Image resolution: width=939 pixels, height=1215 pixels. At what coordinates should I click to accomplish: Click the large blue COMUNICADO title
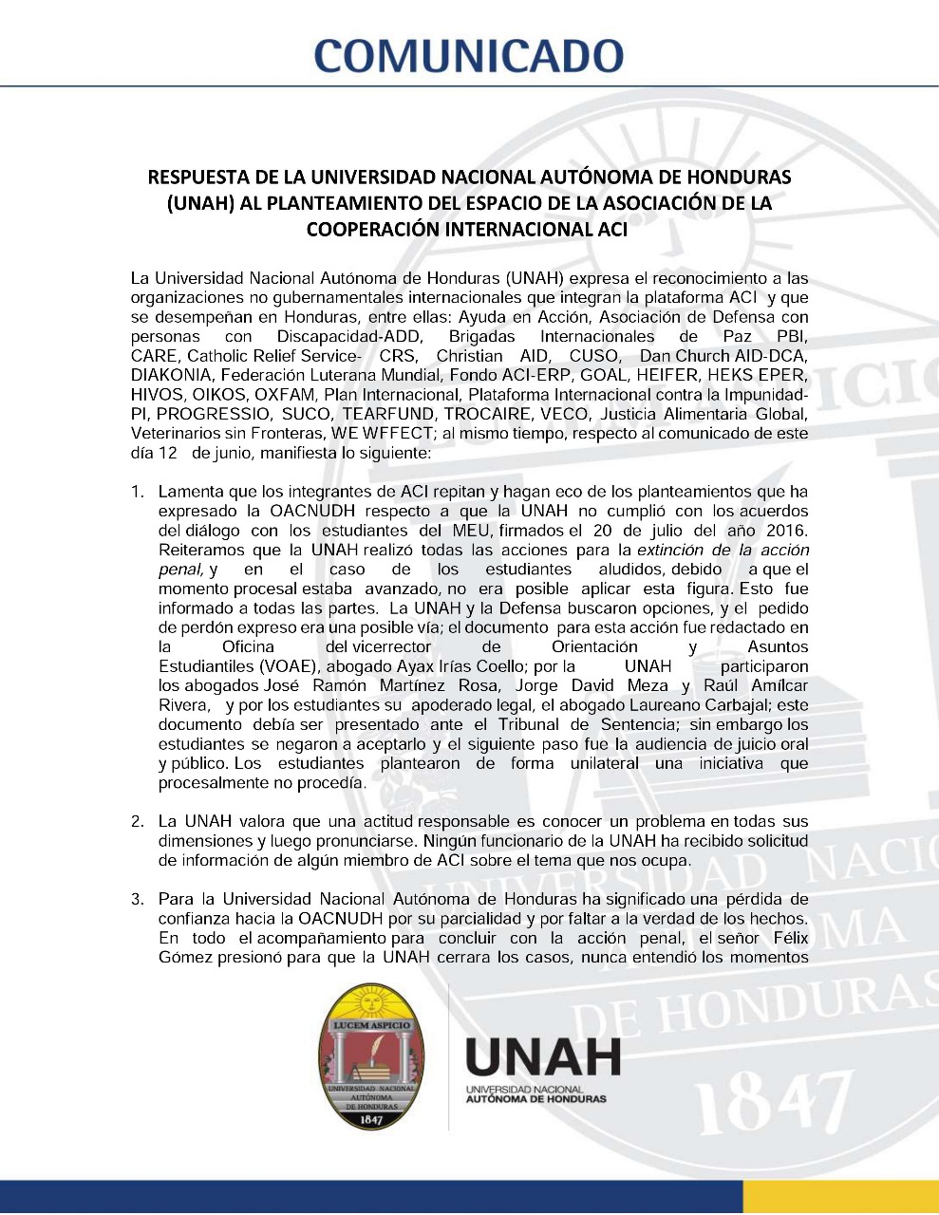click(468, 56)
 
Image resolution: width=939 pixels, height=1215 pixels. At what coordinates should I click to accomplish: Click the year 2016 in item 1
click(782, 531)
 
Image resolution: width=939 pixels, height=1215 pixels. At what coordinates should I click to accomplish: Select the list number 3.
click(137, 899)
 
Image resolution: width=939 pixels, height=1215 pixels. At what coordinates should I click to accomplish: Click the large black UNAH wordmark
click(542, 1056)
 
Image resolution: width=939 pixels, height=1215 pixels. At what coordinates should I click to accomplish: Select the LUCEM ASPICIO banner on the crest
click(371, 1026)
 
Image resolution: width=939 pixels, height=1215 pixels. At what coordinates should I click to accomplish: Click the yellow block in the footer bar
click(840, 1197)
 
